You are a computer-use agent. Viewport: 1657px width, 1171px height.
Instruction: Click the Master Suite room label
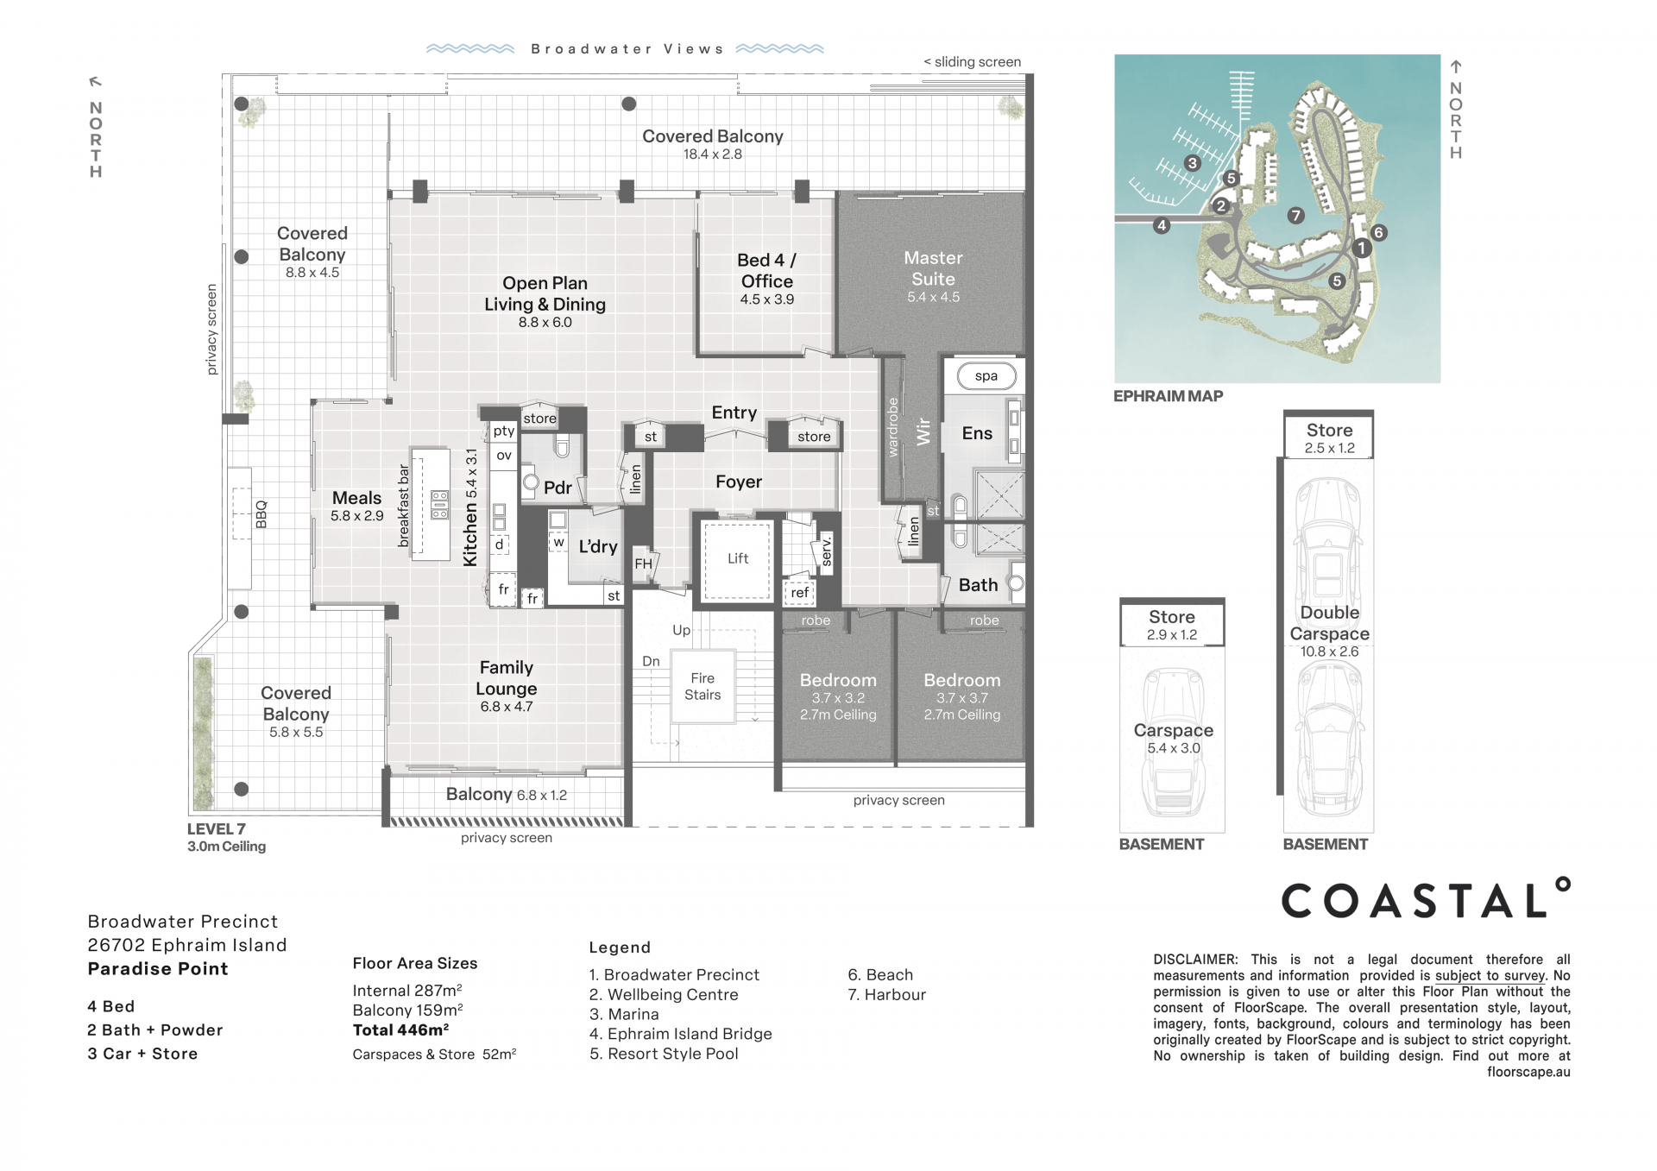point(933,268)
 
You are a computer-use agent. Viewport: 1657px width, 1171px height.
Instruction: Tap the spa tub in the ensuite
point(986,376)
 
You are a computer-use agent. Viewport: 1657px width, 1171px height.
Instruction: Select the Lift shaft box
point(737,560)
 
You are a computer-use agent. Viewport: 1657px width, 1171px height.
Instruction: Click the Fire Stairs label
point(702,686)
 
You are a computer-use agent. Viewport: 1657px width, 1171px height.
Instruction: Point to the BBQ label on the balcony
point(261,514)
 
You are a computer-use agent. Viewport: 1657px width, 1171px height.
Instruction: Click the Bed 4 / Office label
point(766,270)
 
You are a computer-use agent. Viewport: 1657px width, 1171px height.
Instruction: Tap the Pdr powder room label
point(558,488)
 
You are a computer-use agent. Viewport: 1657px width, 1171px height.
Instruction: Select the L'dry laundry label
point(598,546)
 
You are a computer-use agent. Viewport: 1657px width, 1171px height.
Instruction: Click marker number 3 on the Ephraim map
point(1192,163)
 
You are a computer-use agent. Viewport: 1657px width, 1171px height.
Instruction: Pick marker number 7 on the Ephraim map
point(1295,216)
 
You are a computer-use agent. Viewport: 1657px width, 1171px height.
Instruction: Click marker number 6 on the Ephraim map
point(1378,232)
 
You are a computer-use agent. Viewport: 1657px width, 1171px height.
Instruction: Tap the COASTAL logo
point(1425,899)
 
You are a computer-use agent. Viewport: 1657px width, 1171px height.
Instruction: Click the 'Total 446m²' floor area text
point(400,1029)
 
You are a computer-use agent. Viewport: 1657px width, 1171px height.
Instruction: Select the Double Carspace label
point(1329,623)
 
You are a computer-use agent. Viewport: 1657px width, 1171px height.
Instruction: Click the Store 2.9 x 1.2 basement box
point(1172,622)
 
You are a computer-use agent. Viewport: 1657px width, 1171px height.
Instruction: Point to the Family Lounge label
point(507,677)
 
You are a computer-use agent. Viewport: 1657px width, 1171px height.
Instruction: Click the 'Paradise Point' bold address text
point(158,968)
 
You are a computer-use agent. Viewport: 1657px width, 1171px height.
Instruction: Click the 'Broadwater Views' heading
point(627,49)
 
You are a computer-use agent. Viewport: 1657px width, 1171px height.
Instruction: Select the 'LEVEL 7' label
point(217,828)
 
